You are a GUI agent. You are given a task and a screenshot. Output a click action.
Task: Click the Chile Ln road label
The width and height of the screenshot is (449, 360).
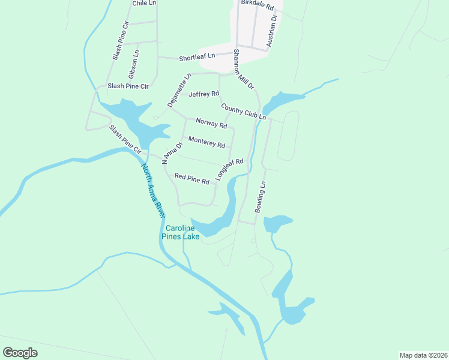coord(144,3)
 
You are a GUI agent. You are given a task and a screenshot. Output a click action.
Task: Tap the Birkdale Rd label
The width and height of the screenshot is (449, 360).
coord(257,4)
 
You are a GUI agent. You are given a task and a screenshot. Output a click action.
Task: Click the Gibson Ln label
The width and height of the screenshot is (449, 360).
coord(133,64)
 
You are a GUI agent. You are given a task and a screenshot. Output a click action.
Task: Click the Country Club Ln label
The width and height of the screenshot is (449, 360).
coord(243,112)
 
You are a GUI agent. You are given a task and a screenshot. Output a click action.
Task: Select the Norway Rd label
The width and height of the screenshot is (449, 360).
coord(211,125)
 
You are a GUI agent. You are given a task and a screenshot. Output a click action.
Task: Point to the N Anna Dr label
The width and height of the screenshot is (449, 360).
coord(171,153)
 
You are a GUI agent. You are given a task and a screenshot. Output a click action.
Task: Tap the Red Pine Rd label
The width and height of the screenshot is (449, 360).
coord(191,179)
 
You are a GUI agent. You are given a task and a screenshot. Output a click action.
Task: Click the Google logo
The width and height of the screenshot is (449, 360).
coord(20,353)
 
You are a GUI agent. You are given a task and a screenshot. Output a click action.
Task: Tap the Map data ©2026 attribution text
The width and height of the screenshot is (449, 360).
coord(423,355)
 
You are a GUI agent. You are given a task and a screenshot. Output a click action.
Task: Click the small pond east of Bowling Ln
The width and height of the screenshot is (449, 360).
coord(277,223)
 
